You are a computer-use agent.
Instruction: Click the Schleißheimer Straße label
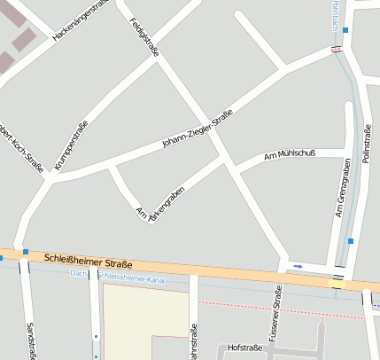tap(87, 262)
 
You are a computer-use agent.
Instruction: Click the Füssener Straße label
tap(278, 311)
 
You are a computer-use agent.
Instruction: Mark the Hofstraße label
tap(245, 348)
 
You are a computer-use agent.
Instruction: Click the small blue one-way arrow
tap(298, 266)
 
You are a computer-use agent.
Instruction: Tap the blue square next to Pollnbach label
tap(345, 30)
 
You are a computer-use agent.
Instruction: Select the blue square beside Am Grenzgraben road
tap(351, 240)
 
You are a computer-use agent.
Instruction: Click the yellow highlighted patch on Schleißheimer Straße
tap(337, 284)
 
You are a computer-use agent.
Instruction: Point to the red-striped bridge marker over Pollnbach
tap(336, 49)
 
